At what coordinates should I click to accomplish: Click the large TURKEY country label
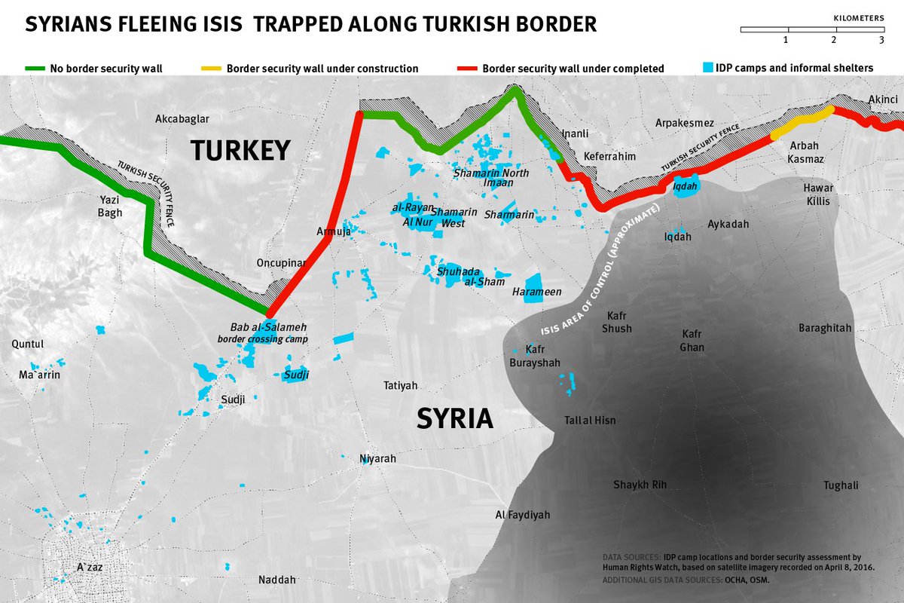pos(240,150)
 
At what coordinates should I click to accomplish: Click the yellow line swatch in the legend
pos(211,69)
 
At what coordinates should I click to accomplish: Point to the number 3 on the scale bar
pos(881,40)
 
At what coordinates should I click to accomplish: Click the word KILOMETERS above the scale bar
pos(858,15)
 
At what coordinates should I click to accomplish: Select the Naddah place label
pos(276,580)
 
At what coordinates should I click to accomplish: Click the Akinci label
pos(883,99)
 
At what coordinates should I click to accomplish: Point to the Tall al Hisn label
pos(590,420)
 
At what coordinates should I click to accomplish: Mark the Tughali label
pos(841,485)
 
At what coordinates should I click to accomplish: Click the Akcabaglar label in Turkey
pos(182,119)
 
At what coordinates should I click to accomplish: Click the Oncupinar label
pos(282,263)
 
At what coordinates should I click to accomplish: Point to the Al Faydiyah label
pos(522,516)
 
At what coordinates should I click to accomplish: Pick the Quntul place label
pos(28,344)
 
